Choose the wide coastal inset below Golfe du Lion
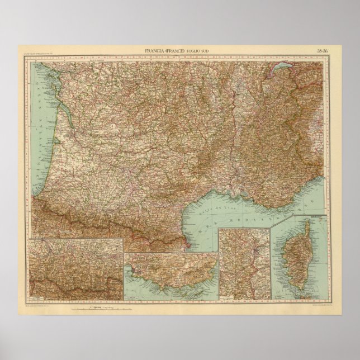[170, 274]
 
